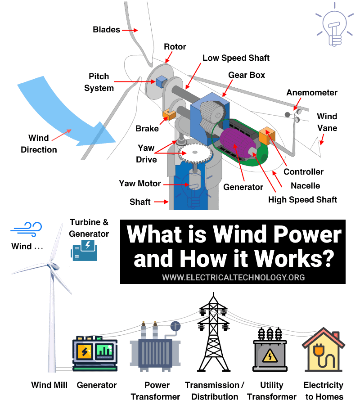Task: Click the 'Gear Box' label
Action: coord(247,75)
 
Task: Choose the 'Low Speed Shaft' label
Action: coord(236,58)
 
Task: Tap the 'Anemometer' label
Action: coord(312,93)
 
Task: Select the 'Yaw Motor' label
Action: coord(139,184)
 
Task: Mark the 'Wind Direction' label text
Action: coord(39,144)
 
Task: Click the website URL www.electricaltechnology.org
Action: coord(233,277)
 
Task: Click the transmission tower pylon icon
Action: coord(214,336)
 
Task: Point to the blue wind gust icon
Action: coord(27,228)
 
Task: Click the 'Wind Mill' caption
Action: coord(49,385)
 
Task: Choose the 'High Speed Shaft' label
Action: coord(302,199)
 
